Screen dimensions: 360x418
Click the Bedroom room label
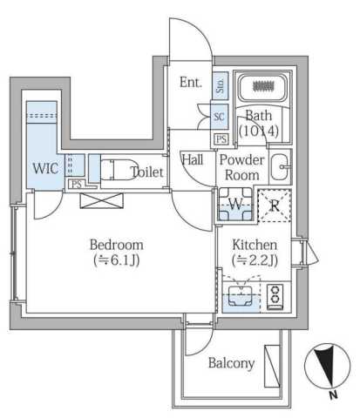pos(117,245)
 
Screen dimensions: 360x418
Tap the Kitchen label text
pos(255,245)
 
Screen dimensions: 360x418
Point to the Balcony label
pos(231,363)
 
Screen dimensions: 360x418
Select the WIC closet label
pos(45,168)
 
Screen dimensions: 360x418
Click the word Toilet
pos(147,172)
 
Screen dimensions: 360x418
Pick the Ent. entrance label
pos(191,82)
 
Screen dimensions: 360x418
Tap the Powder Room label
pos(242,167)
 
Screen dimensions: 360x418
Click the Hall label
pos(193,159)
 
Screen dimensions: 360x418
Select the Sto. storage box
pos(221,85)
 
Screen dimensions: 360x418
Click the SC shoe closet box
pos(220,117)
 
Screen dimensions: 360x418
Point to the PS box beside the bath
pos(221,139)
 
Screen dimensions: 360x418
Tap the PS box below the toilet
pos(77,185)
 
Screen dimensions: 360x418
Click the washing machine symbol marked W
pos(235,205)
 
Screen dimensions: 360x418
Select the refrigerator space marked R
pos(275,206)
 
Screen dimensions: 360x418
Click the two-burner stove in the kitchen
pos(275,297)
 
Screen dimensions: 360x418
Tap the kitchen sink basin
pos(240,295)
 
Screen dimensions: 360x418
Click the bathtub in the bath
pos(264,86)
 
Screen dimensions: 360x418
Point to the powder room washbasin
pos(280,167)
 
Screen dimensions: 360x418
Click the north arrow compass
pos(328,366)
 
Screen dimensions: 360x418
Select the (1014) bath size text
pos(259,131)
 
